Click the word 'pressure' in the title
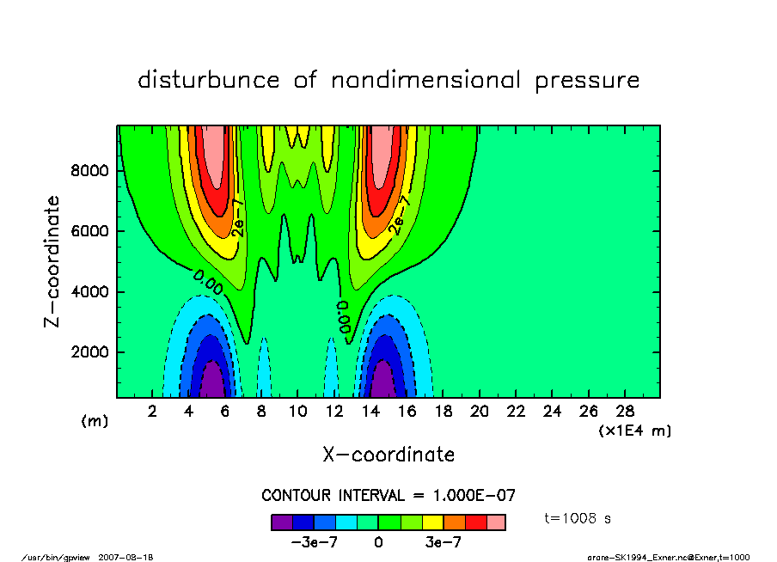[588, 81]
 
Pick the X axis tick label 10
[297, 411]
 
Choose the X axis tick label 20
[479, 411]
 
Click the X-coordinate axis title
[388, 455]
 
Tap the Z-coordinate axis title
[53, 260]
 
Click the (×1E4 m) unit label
[634, 430]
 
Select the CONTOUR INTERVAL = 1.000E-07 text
[388, 495]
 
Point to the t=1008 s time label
[578, 518]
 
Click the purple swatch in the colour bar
[282, 522]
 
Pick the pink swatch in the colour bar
[496, 522]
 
